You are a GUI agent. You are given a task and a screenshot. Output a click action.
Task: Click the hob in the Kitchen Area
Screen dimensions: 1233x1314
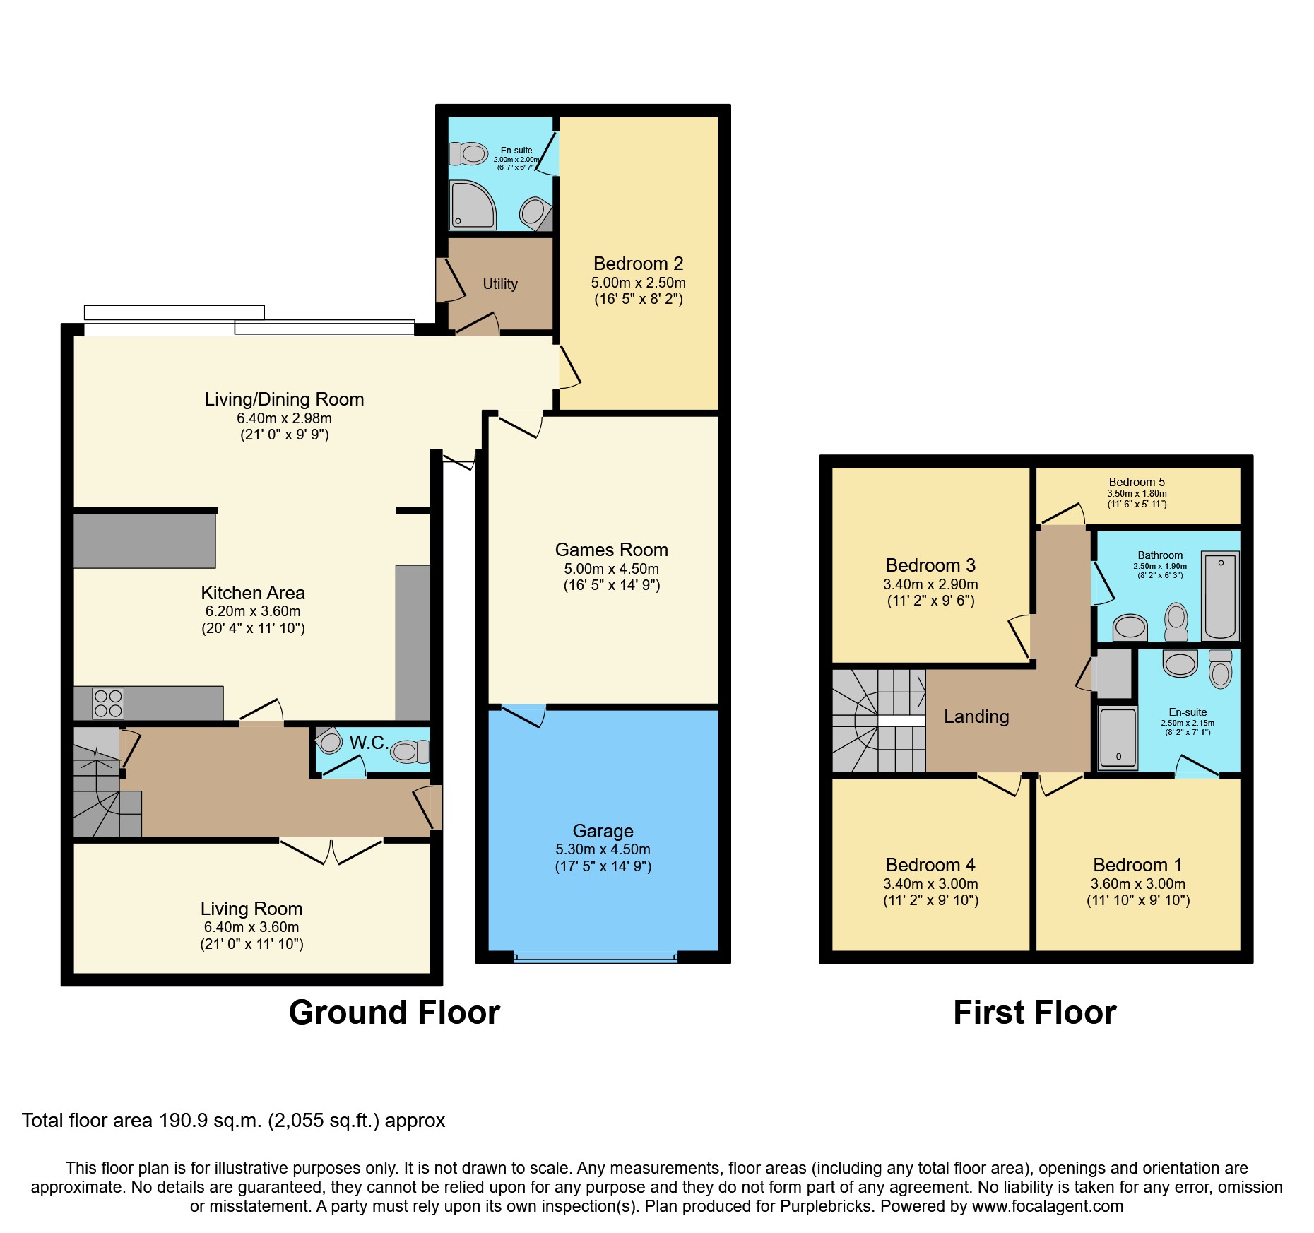(108, 703)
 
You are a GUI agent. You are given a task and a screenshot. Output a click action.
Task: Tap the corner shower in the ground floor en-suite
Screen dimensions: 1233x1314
(472, 206)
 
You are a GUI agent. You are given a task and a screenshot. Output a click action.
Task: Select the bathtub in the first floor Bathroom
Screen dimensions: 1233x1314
(1220, 596)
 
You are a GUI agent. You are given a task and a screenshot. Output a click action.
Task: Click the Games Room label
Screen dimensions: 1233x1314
(611, 550)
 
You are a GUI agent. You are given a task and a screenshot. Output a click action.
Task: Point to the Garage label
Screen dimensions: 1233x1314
(603, 831)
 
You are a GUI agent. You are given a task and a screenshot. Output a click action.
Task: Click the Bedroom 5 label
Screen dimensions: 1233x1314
(1137, 482)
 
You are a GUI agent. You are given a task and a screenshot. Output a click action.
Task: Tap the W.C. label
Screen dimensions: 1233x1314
(368, 743)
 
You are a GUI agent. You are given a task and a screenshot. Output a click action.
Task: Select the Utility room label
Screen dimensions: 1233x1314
(500, 284)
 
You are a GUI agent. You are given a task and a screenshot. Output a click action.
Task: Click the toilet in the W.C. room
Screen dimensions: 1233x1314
(410, 751)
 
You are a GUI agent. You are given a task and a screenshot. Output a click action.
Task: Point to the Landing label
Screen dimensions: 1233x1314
(976, 716)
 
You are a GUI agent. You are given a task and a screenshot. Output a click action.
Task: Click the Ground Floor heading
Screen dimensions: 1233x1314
(394, 1013)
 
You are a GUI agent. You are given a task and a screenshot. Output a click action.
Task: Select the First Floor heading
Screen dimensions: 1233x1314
(1034, 1013)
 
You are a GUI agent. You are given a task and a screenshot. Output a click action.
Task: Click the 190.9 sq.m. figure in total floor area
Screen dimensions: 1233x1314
(211, 1121)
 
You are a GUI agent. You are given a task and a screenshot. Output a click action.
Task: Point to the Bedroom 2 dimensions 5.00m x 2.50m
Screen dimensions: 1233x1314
(638, 283)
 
